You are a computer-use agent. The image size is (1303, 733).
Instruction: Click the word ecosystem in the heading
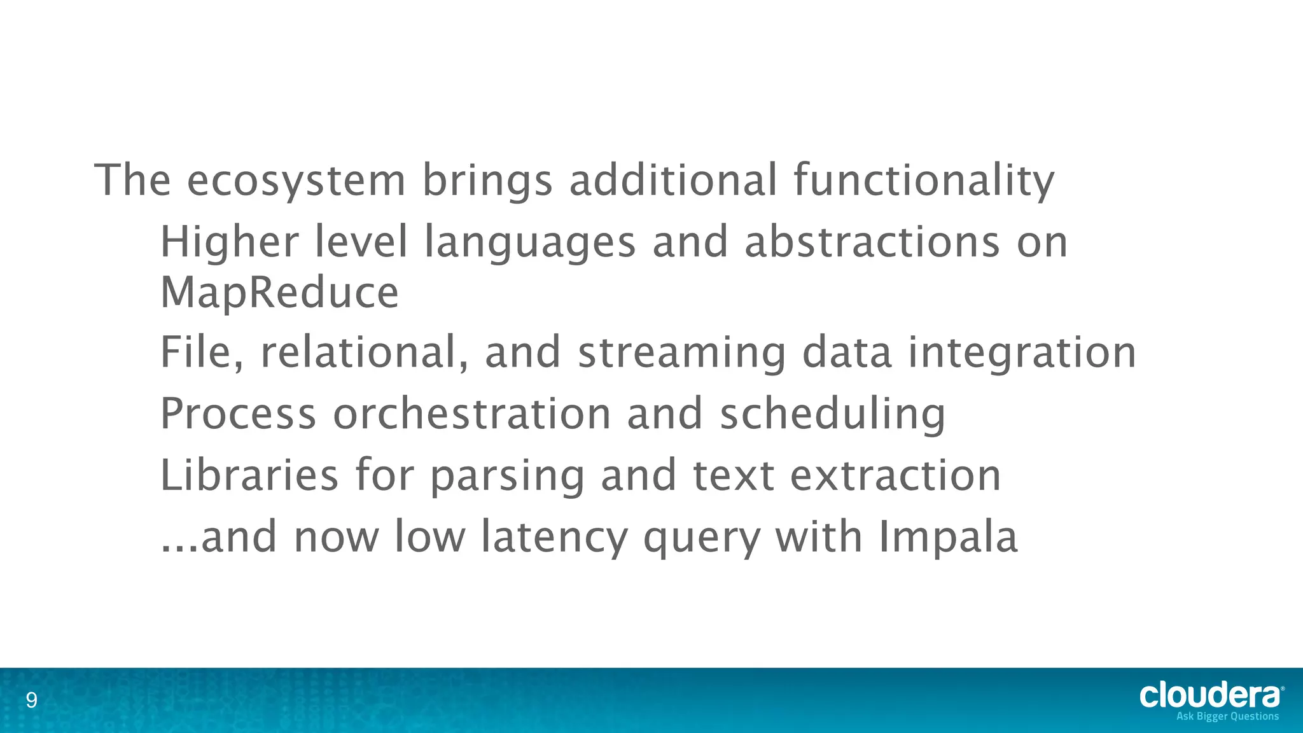pyautogui.click(x=296, y=181)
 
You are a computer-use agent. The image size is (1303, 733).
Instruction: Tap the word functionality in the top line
pyautogui.click(x=924, y=181)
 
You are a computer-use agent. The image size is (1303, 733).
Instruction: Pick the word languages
pyautogui.click(x=530, y=244)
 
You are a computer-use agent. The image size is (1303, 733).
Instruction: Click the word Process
pyautogui.click(x=238, y=414)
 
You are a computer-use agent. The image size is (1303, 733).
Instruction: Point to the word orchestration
pyautogui.click(x=471, y=414)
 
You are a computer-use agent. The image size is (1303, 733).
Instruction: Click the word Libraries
pyautogui.click(x=249, y=475)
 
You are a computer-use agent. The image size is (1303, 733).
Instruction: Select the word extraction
pyautogui.click(x=895, y=475)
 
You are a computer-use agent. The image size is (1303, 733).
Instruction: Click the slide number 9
pyautogui.click(x=31, y=701)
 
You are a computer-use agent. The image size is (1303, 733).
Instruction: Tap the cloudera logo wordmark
pyautogui.click(x=1209, y=695)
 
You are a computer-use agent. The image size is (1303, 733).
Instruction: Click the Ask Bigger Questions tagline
pyautogui.click(x=1227, y=716)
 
